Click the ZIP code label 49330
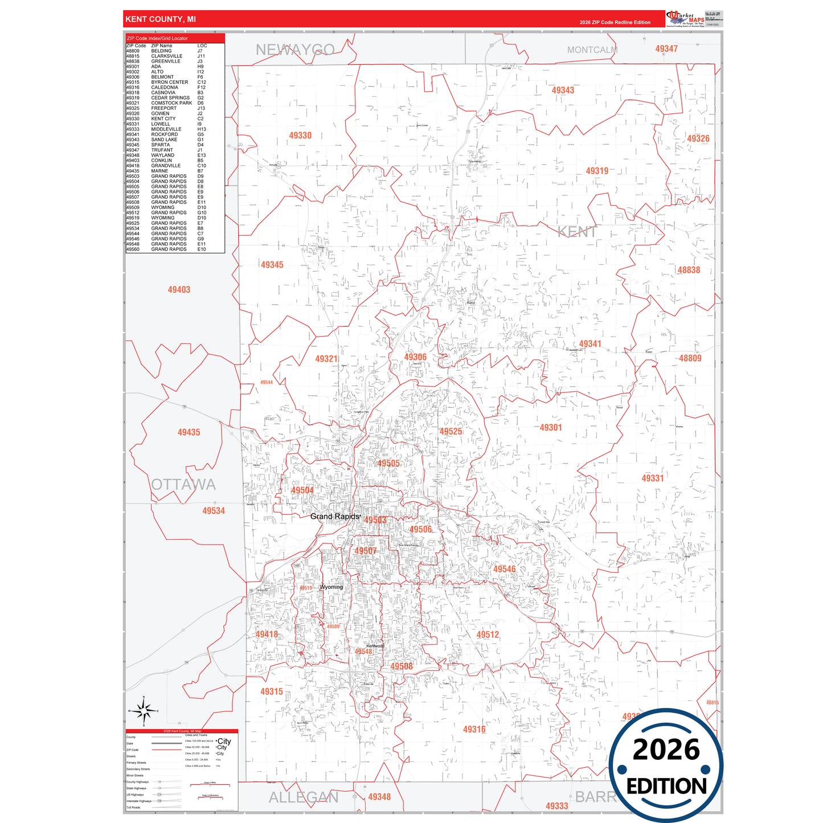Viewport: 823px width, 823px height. pyautogui.click(x=300, y=136)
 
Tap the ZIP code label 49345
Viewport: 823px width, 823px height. pyautogui.click(x=272, y=265)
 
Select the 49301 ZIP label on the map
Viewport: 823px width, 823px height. pyautogui.click(x=551, y=428)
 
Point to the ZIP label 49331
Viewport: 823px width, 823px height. pyautogui.click(x=653, y=478)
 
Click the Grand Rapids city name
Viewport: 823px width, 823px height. pyautogui.click(x=335, y=517)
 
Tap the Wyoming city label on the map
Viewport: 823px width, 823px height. pyautogui.click(x=331, y=587)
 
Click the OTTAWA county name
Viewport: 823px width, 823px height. pyautogui.click(x=183, y=485)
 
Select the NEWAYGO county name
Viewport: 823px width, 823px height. pyautogui.click(x=294, y=50)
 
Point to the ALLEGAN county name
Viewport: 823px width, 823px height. pyautogui.click(x=303, y=797)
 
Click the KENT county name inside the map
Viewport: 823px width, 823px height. pyautogui.click(x=577, y=232)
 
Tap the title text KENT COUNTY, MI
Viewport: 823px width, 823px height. pyautogui.click(x=161, y=19)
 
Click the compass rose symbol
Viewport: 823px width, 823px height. pyautogui.click(x=144, y=711)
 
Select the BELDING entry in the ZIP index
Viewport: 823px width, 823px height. pyautogui.click(x=161, y=51)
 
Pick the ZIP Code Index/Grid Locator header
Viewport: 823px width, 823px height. pyautogui.click(x=157, y=39)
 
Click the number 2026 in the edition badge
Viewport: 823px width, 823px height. pyautogui.click(x=666, y=750)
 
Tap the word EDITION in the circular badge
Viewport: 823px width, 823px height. pyautogui.click(x=666, y=787)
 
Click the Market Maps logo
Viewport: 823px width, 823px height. pyautogui.click(x=685, y=19)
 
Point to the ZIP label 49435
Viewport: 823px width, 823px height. pyautogui.click(x=189, y=433)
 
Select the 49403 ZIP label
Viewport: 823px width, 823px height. pyautogui.click(x=179, y=290)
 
